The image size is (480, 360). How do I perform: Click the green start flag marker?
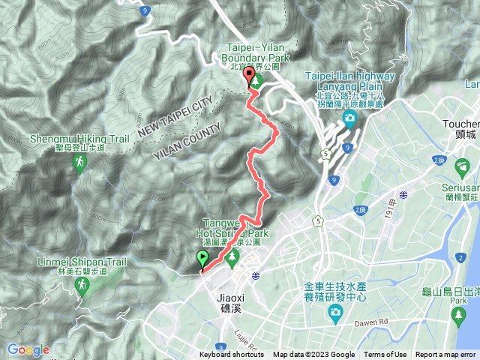pyautogui.click(x=202, y=259)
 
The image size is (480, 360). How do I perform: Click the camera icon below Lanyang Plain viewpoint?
pyautogui.click(x=349, y=119)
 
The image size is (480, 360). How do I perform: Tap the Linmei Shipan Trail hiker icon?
pyautogui.click(x=79, y=286)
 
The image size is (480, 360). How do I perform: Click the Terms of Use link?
pyautogui.click(x=385, y=355)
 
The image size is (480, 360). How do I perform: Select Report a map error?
pyautogui.click(x=446, y=355)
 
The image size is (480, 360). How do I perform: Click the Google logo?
pyautogui.click(x=28, y=349)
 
